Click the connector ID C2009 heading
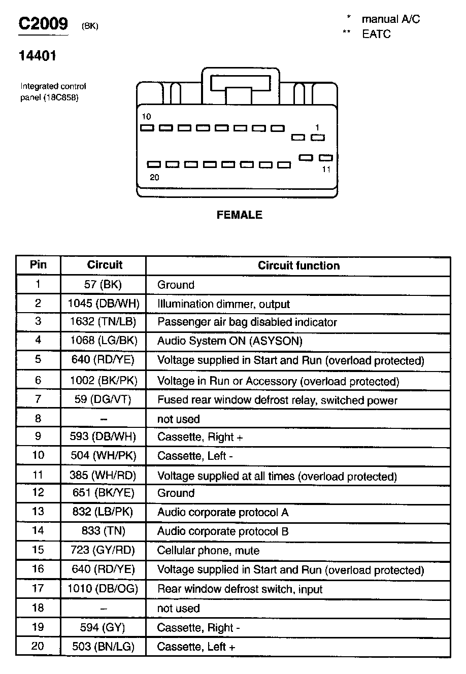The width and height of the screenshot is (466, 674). pos(43,24)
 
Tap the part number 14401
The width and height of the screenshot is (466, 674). pos(38,56)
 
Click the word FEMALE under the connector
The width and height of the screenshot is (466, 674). pos(240,215)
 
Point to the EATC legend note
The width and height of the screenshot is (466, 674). pos(376,35)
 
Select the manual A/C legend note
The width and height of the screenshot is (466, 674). pos(390,19)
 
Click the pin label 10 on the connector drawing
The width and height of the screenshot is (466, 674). pos(146,117)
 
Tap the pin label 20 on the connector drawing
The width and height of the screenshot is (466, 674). pos(154,177)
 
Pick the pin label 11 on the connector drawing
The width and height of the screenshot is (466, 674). pos(326,170)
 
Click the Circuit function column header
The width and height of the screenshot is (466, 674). pos(298,265)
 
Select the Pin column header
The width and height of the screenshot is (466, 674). pos(38,264)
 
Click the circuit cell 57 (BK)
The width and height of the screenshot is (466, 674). pos(103,284)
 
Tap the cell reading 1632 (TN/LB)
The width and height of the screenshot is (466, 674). pos(103,322)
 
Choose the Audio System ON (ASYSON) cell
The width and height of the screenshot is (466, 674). pos(230,341)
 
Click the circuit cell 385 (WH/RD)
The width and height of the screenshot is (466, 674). pos(103,476)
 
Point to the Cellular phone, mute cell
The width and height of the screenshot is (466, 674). pos(208,551)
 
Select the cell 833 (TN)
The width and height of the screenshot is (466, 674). pos(103,531)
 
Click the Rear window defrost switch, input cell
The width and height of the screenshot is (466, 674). pos(240,589)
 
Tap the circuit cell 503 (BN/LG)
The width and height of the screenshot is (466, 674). pos(103,647)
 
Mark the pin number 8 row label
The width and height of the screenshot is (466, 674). pos(38,418)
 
